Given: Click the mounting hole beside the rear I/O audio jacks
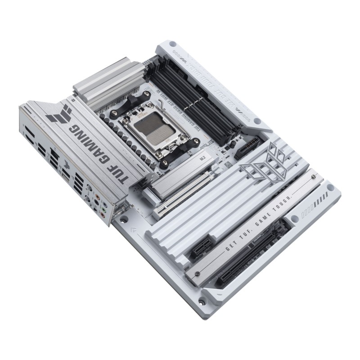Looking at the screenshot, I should (123, 220).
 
